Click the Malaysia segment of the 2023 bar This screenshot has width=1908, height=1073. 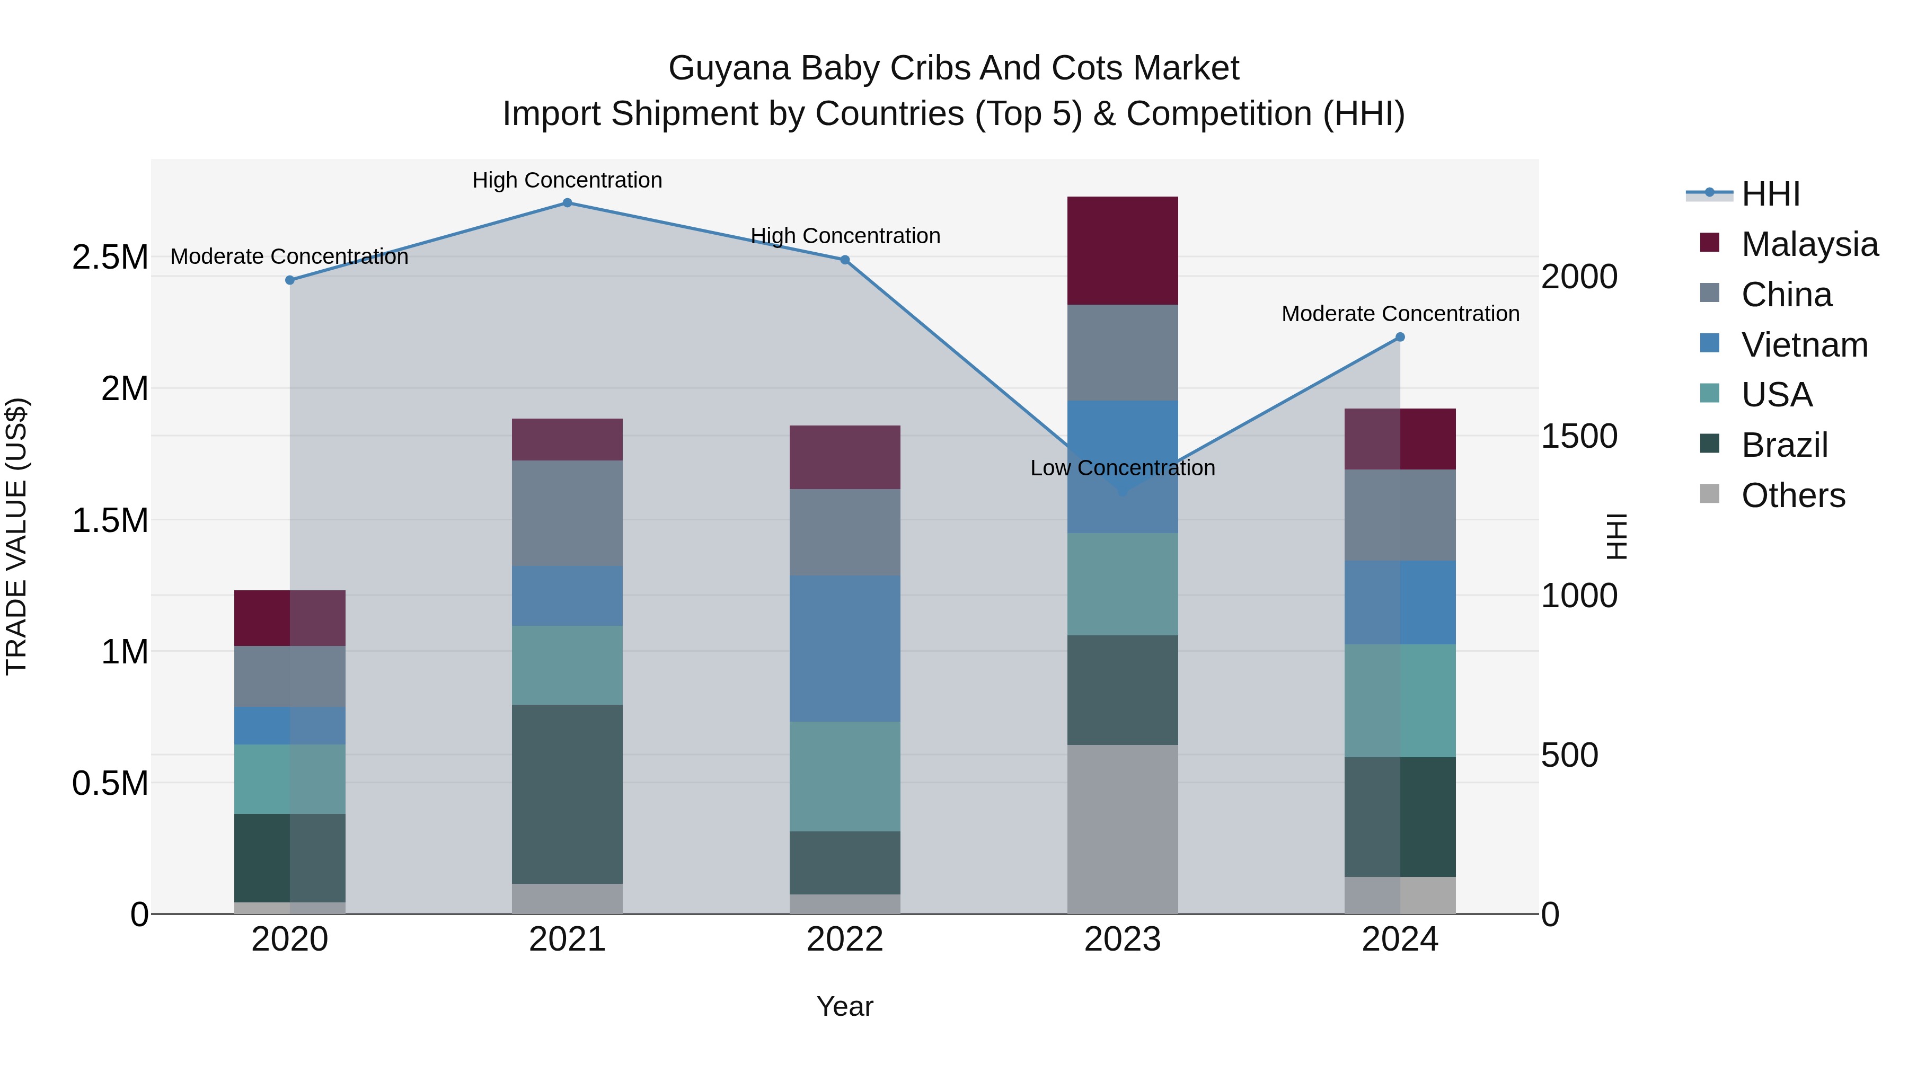coord(1122,250)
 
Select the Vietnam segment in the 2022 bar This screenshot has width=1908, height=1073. coord(844,648)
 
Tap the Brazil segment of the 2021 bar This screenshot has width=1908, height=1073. coord(567,793)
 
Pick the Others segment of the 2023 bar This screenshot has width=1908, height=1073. coord(1122,829)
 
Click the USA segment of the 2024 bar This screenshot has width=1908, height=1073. coord(1400,700)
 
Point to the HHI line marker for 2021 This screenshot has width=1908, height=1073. coord(567,202)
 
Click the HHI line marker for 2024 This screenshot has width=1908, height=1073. coord(1400,337)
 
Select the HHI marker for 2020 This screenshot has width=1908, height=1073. coord(289,280)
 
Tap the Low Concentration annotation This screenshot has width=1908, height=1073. coord(1122,468)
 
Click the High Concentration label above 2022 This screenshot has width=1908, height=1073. coord(845,235)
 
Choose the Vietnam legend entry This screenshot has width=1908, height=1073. coord(1804,345)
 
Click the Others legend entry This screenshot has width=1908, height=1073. coord(1792,495)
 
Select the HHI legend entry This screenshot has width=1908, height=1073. coord(1770,194)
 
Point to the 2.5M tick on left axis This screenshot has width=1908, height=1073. coord(110,258)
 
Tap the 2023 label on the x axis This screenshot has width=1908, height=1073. coord(1122,939)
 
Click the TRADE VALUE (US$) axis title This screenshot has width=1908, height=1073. coord(16,536)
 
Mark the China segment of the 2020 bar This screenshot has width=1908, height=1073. coord(289,676)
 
